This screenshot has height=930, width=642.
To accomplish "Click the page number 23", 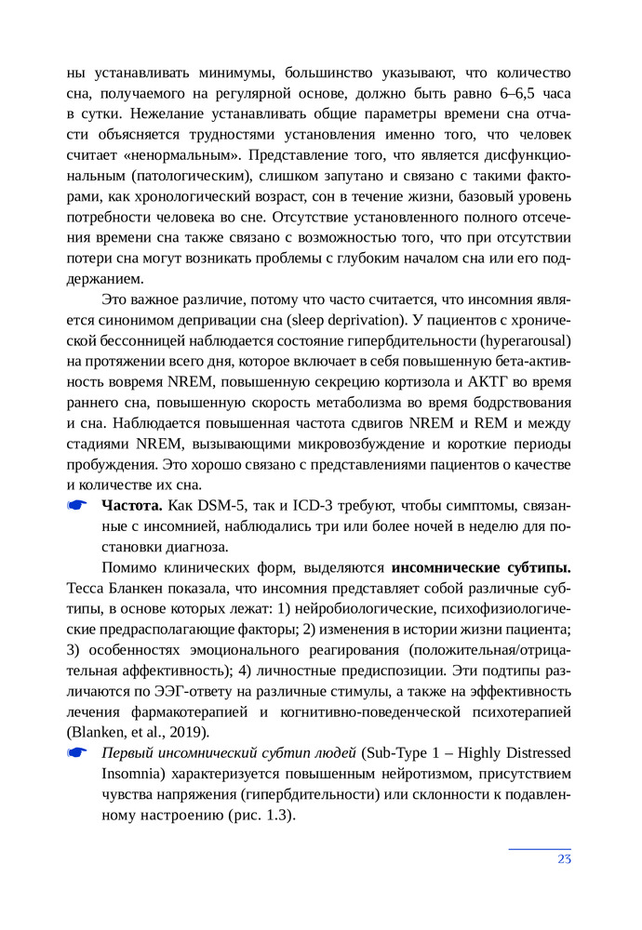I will click(x=564, y=858).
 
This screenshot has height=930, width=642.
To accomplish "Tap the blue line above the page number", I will click(x=540, y=847).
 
